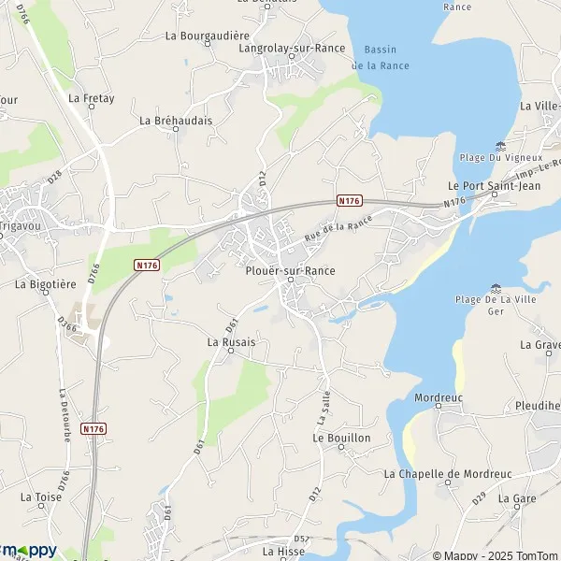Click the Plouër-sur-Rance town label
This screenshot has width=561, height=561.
[290, 270]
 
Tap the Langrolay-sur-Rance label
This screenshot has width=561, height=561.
[292, 48]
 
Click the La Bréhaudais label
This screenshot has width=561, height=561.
[176, 120]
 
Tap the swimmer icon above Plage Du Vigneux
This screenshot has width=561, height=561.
[500, 146]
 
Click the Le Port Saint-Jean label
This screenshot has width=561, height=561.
[491, 185]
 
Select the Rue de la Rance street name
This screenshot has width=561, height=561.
[338, 229]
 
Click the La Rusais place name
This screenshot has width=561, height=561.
[231, 342]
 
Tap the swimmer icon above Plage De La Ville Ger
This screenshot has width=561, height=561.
[494, 286]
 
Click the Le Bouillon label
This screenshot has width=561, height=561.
[341, 438]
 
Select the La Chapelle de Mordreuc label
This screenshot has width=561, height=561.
[448, 474]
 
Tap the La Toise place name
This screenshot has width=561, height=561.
[41, 496]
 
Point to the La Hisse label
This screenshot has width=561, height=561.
[282, 552]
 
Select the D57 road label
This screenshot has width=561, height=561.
[301, 539]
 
